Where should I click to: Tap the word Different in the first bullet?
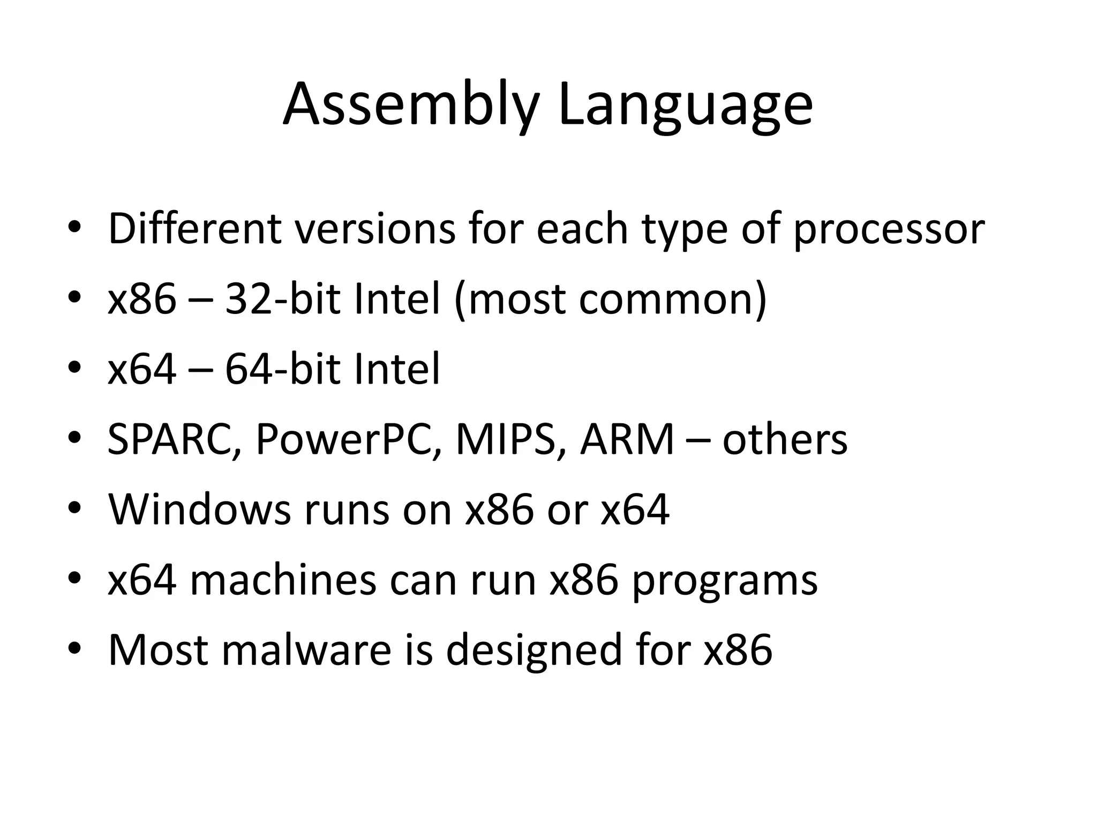[195, 229]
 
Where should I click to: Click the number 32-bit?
[283, 298]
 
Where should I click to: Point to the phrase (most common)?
[610, 300]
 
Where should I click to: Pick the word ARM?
[627, 439]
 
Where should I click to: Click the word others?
[785, 439]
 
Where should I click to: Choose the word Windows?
[200, 510]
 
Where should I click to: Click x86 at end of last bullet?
[738, 650]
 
